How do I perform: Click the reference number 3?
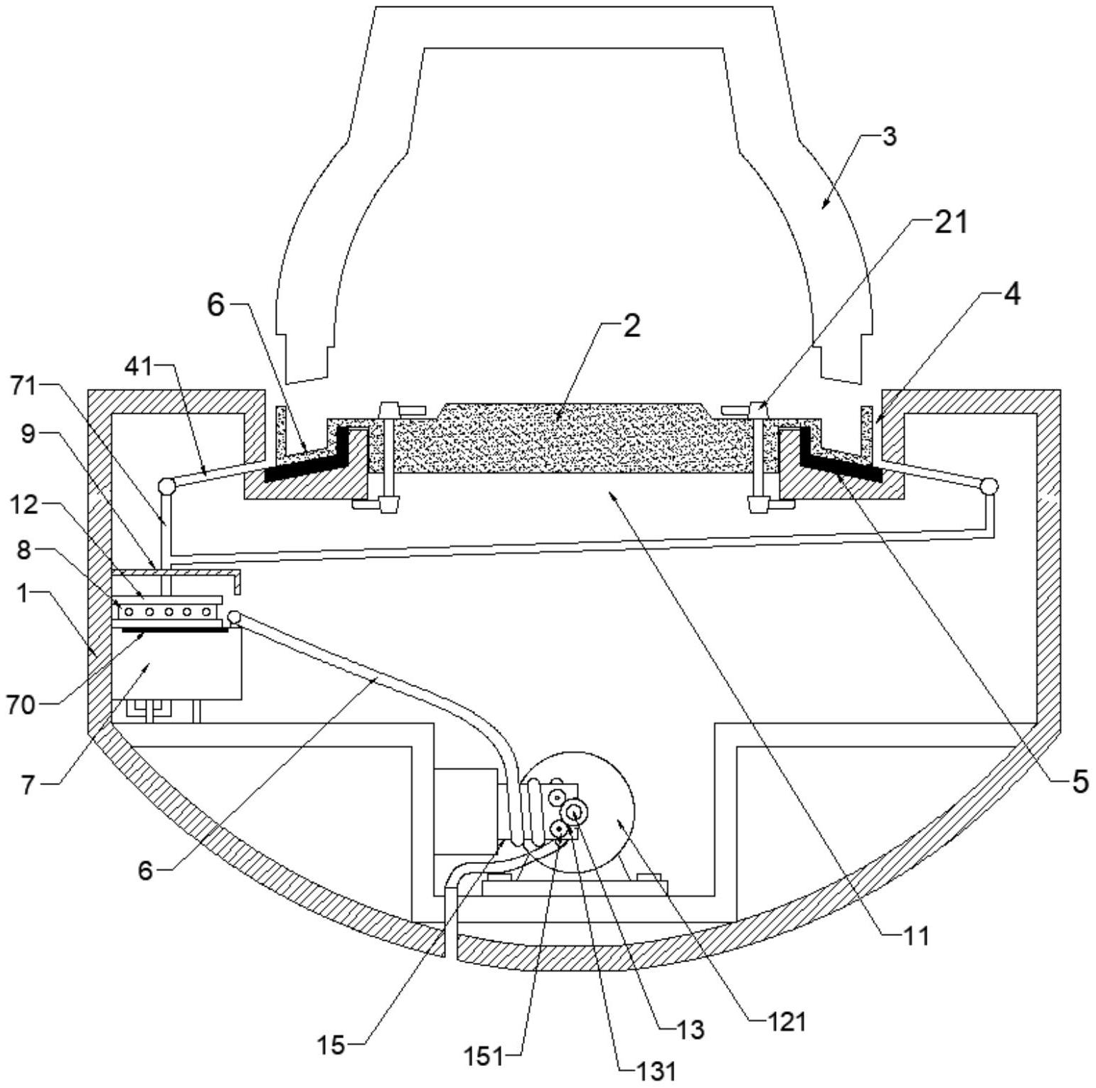[889, 137]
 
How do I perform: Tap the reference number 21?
[950, 223]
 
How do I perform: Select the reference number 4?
[1012, 294]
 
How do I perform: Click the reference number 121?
[787, 1022]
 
